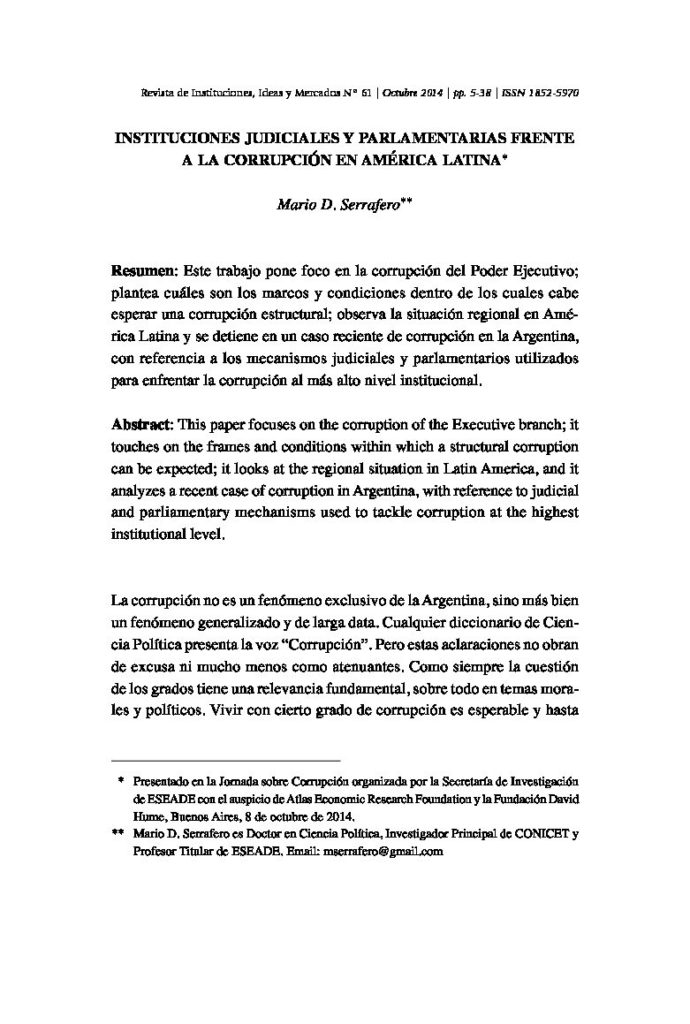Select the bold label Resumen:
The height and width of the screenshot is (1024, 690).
click(146, 271)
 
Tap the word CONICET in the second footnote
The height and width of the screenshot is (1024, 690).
click(519, 833)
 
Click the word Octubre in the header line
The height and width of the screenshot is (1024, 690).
click(403, 91)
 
